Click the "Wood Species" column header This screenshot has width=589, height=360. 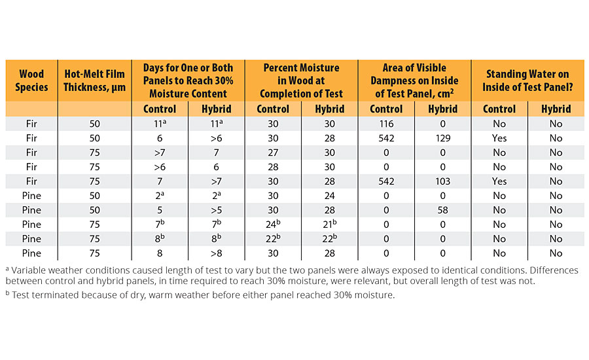click(31, 80)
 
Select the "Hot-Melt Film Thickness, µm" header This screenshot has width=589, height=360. click(94, 80)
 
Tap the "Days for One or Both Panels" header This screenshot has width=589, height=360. click(188, 80)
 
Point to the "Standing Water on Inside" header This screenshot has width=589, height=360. click(527, 80)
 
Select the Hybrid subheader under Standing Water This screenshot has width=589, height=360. click(556, 109)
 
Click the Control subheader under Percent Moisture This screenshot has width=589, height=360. click(273, 109)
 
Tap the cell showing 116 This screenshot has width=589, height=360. click(385, 124)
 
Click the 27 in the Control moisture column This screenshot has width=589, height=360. click(273, 153)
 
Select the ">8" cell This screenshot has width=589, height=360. click(216, 253)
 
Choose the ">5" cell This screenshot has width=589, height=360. click(216, 210)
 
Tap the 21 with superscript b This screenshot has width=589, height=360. click(330, 225)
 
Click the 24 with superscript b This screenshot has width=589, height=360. click(274, 225)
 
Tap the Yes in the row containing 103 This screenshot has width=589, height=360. click(499, 181)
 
